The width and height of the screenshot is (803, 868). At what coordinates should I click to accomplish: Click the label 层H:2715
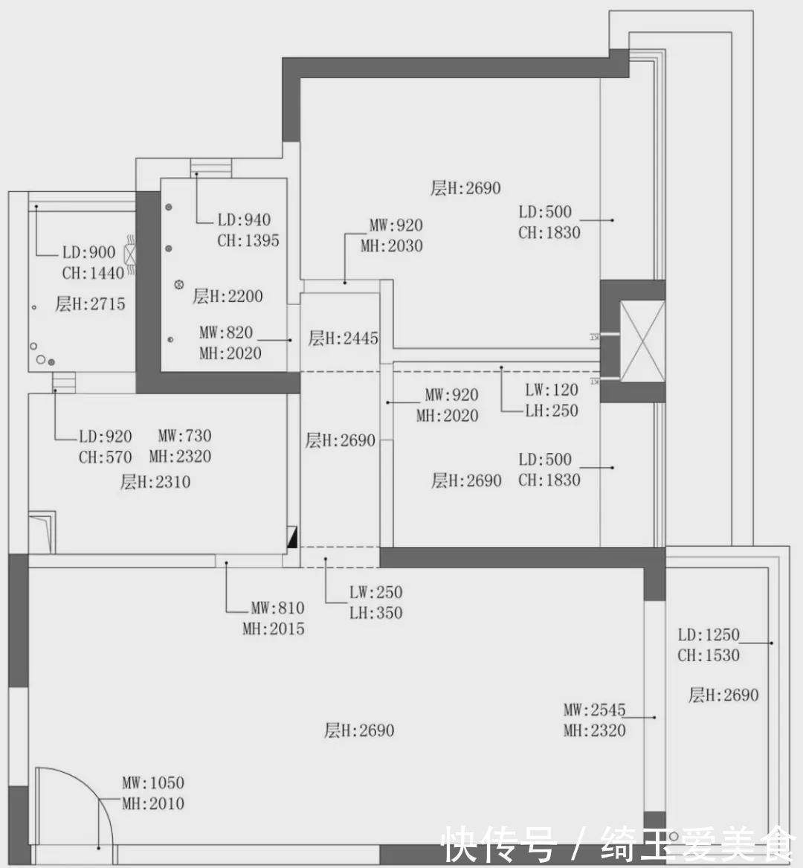tap(90, 303)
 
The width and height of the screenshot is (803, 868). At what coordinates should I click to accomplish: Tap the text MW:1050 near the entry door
tap(153, 782)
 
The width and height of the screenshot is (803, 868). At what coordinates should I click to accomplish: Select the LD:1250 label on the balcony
tap(709, 634)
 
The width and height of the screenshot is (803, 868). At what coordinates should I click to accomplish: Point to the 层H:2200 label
tap(228, 296)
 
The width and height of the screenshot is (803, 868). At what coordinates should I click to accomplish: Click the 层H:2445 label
tap(343, 338)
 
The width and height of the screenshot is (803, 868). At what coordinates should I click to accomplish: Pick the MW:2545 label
tap(594, 710)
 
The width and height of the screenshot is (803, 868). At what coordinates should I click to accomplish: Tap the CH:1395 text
tap(248, 241)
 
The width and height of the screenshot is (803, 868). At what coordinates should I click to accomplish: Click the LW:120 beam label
tap(552, 390)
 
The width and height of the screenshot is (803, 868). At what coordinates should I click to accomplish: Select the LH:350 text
tap(375, 613)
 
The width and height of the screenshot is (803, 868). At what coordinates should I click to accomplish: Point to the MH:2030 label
tap(392, 245)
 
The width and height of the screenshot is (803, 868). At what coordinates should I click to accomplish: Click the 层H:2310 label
tap(155, 482)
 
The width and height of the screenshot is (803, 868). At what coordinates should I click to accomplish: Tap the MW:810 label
tap(278, 608)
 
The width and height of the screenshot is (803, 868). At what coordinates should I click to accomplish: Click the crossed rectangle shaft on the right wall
tap(642, 341)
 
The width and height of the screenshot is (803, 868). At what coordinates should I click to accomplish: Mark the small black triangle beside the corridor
tap(292, 537)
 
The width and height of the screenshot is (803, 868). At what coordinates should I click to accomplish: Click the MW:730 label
tap(185, 436)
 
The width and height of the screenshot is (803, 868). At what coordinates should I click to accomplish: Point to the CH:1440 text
tap(93, 273)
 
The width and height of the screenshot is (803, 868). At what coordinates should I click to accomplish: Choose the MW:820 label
tap(226, 332)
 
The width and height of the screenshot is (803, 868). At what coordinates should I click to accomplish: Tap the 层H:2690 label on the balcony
tap(723, 695)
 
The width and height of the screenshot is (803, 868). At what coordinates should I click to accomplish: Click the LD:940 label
tap(244, 219)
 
